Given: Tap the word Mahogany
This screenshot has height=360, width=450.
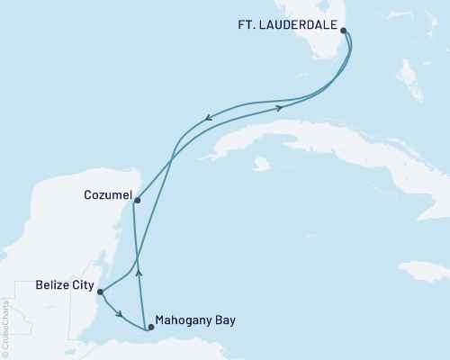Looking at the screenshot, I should (184, 319).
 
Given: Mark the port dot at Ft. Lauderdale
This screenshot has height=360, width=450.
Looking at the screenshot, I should (344, 30).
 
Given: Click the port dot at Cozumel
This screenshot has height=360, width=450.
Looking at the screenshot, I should (137, 201).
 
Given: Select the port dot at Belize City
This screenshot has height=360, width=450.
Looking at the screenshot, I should (101, 292).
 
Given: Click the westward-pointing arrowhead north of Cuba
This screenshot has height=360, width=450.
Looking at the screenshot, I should (209, 116).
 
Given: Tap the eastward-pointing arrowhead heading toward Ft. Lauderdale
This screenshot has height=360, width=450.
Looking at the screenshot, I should (280, 107).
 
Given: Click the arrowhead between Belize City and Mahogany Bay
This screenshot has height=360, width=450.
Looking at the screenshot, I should (120, 314).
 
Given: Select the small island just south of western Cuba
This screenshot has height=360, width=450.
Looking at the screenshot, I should (262, 165).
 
